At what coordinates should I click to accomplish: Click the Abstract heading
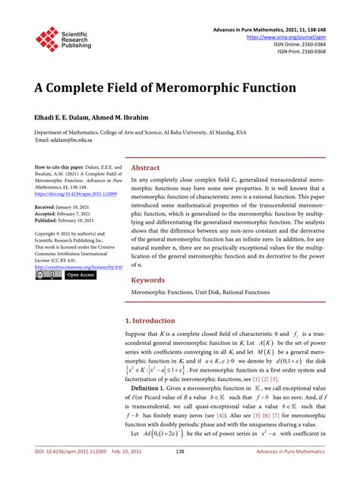point(145,166)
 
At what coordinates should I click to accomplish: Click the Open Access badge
point(81,275)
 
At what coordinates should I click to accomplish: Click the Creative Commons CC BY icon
point(49,275)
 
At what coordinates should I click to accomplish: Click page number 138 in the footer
point(180,472)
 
